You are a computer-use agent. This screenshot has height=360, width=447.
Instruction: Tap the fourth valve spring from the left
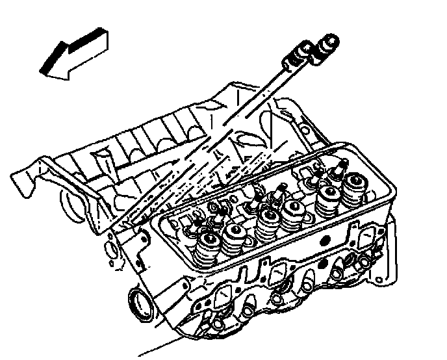coord(293,211)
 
